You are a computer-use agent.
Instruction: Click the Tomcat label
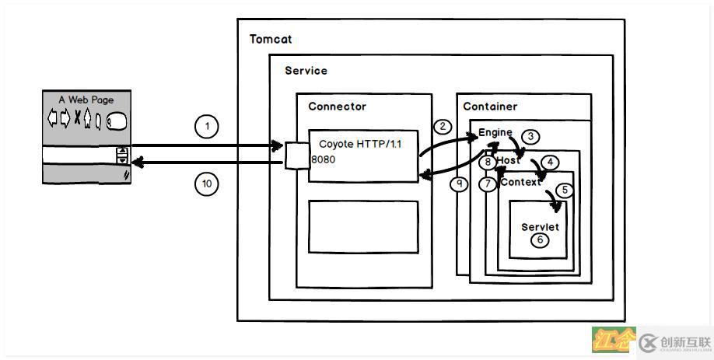[x=271, y=39]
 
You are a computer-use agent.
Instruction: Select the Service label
[x=306, y=71]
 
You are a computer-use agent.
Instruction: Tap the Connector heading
[x=337, y=107]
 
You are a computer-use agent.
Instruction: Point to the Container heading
[x=490, y=107]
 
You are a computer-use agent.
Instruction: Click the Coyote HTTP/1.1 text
[x=360, y=145]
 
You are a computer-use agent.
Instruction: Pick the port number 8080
[x=324, y=159]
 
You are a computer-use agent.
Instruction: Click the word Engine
[x=495, y=133]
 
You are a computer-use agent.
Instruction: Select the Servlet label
[x=540, y=227]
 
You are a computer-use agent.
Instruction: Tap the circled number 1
[x=207, y=126]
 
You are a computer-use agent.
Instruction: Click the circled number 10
[x=207, y=183]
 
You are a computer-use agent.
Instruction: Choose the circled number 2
[x=443, y=126]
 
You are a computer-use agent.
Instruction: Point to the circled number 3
[x=530, y=137]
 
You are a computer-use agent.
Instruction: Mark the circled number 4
[x=550, y=163]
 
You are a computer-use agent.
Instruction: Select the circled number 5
[x=565, y=189]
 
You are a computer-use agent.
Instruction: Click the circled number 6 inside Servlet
[x=540, y=240]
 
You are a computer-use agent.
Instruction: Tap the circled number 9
[x=460, y=184]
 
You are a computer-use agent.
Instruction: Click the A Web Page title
[x=86, y=100]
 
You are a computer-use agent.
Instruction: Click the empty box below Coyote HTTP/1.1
[x=363, y=226]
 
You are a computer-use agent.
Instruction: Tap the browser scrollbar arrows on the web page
[x=121, y=156]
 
